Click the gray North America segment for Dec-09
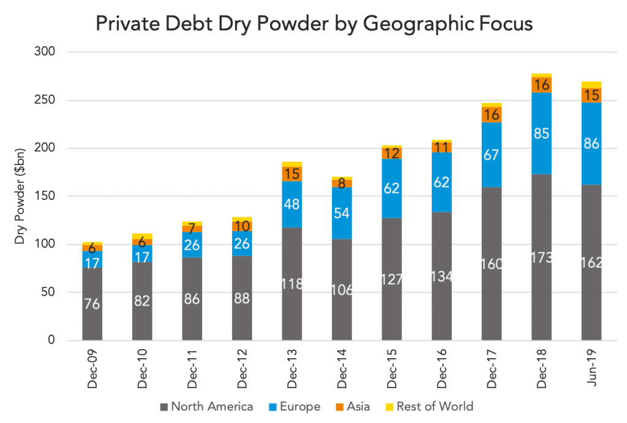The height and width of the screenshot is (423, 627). (x=92, y=304)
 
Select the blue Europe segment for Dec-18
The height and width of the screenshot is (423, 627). (x=541, y=133)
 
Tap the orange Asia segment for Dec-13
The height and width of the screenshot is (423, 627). (x=292, y=174)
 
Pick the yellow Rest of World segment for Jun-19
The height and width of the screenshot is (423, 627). (x=591, y=85)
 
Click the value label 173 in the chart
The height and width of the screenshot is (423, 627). (x=541, y=257)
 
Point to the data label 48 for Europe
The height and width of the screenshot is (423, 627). (x=292, y=204)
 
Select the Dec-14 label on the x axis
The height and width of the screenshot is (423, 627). (x=342, y=369)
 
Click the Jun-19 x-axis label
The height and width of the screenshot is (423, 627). (x=591, y=367)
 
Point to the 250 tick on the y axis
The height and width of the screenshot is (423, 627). (x=44, y=100)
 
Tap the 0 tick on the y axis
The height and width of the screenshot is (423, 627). (x=51, y=340)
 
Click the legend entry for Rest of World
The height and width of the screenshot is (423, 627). (x=429, y=406)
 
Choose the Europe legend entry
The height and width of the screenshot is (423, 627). (x=295, y=406)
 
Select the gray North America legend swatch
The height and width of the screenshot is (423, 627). (x=163, y=407)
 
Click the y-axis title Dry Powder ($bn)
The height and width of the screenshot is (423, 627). (x=20, y=196)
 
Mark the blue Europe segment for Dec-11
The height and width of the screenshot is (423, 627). (x=192, y=245)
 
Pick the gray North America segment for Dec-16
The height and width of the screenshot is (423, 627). (x=441, y=276)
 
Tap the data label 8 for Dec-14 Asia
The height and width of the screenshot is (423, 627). (x=342, y=183)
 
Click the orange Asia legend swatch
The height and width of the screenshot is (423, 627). (x=339, y=407)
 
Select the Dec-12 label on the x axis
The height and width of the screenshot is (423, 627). (x=242, y=369)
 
